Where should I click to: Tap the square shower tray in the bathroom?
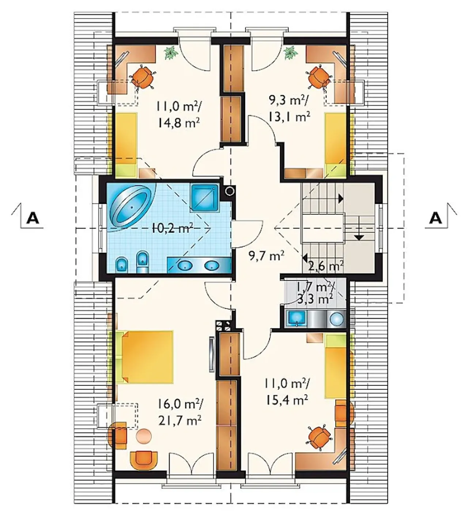pyautogui.click(x=204, y=198)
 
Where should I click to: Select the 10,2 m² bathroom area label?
pyautogui.click(x=171, y=228)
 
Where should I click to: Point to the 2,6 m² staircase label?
pyautogui.click(x=325, y=266)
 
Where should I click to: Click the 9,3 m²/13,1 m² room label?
pyautogui.click(x=289, y=108)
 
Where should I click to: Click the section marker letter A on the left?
pyautogui.click(x=33, y=218)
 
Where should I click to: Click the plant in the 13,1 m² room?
pyautogui.click(x=290, y=53)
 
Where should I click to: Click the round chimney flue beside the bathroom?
pyautogui.click(x=230, y=191)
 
